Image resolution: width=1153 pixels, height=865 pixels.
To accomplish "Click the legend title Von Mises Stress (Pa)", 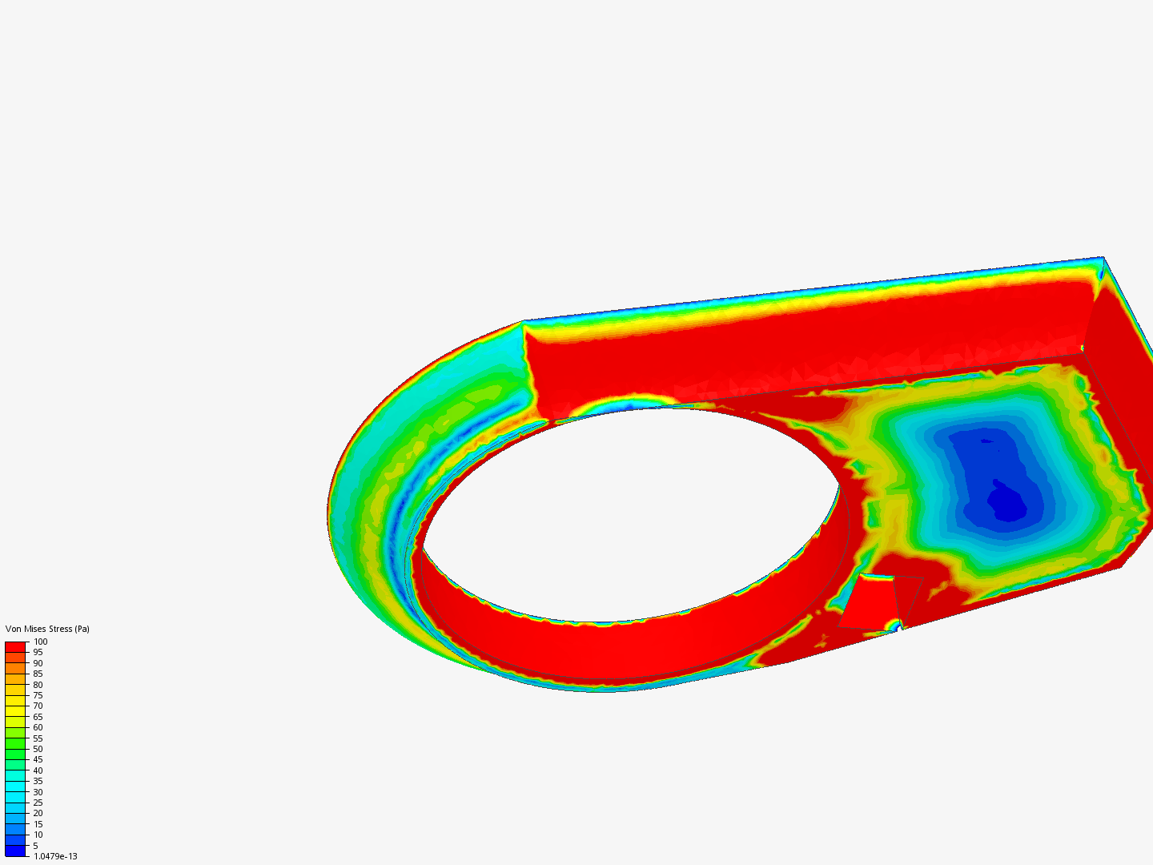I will [47, 629].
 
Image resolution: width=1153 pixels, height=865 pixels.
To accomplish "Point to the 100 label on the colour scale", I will [40, 642].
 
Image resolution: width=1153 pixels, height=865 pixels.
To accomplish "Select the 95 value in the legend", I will [38, 652].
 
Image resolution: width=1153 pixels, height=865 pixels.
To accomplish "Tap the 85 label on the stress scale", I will [38, 674].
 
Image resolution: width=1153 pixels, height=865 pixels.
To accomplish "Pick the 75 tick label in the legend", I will [38, 695].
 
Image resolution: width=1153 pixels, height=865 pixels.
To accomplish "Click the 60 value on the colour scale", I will [38, 727].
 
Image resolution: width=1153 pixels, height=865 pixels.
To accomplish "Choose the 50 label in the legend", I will [38, 749].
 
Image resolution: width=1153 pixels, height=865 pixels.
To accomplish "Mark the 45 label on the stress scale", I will [38, 759].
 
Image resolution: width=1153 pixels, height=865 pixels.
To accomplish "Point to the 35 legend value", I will [38, 781].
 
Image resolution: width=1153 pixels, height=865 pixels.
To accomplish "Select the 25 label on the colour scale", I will [38, 803].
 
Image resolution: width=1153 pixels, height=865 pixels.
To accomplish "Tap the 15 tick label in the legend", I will [38, 824].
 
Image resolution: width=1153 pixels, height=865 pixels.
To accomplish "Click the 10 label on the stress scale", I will [38, 835].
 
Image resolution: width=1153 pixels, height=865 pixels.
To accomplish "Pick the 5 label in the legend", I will [35, 846].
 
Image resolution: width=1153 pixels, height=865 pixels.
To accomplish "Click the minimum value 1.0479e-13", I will [55, 856].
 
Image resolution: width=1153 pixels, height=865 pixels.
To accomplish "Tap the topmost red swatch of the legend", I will [16, 646].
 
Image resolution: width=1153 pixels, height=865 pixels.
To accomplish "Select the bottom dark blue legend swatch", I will [16, 851].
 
